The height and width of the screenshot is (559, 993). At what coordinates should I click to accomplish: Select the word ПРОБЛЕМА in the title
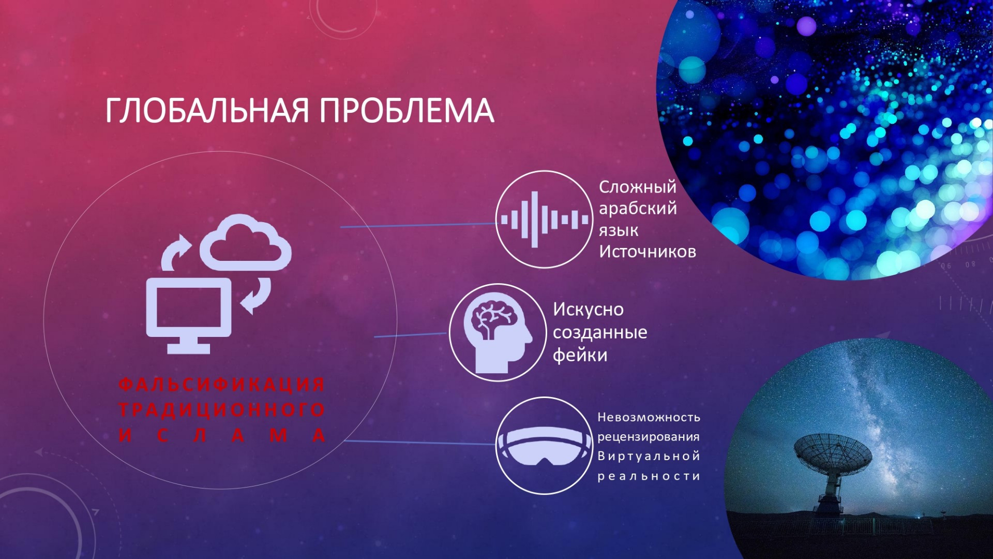pyautogui.click(x=407, y=110)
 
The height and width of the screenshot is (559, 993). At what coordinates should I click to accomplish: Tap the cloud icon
pyautogui.click(x=246, y=242)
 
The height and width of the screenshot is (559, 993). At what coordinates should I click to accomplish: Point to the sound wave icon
pyautogui.click(x=544, y=219)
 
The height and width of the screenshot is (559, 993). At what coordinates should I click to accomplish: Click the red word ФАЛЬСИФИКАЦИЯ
pyautogui.click(x=222, y=385)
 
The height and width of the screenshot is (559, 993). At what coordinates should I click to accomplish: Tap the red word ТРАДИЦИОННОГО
pyautogui.click(x=222, y=409)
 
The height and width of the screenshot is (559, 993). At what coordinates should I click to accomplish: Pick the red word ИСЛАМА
pyautogui.click(x=222, y=435)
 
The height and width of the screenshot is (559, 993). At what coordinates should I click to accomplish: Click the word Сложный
pyautogui.click(x=638, y=187)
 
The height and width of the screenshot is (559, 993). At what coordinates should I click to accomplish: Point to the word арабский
pyautogui.click(x=638, y=209)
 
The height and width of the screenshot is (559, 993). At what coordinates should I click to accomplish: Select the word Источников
pyautogui.click(x=648, y=252)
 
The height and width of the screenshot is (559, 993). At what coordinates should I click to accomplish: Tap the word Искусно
pyautogui.click(x=589, y=310)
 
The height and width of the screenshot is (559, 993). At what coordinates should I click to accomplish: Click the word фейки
pyautogui.click(x=580, y=355)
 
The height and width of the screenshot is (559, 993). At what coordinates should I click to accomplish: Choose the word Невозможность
pyautogui.click(x=649, y=417)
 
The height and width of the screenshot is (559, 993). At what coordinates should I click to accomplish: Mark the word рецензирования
pyautogui.click(x=649, y=437)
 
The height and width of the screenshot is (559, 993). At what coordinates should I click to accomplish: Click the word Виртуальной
pyautogui.click(x=649, y=456)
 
